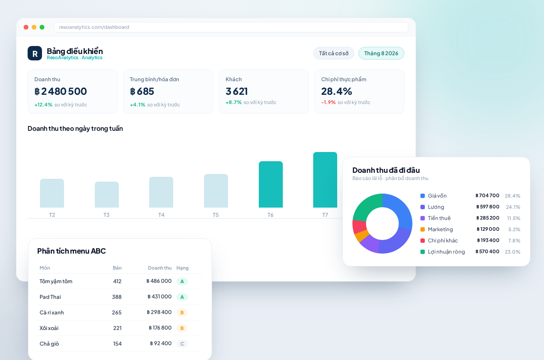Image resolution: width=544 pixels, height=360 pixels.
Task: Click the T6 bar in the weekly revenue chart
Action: click(270, 184)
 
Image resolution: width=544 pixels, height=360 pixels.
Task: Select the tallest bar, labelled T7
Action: click(325, 180)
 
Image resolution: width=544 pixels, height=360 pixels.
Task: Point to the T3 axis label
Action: click(106, 215)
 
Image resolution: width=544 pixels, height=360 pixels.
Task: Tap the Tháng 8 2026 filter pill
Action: click(381, 53)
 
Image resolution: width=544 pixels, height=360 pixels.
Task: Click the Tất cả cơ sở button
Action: click(334, 53)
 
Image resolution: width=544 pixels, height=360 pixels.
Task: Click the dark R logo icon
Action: click(35, 53)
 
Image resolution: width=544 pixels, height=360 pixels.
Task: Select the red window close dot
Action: click(26, 27)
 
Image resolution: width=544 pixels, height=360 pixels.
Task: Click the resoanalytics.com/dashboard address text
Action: click(94, 27)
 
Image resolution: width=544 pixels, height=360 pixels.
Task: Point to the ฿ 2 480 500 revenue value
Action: click(60, 91)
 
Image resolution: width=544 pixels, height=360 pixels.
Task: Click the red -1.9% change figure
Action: click(328, 102)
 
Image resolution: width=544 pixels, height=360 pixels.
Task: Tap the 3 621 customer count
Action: click(236, 91)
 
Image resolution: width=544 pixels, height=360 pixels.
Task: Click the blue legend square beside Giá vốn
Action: click(422, 196)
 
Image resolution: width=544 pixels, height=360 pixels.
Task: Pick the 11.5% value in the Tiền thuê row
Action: click(514, 218)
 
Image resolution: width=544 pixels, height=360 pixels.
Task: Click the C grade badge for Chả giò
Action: click(182, 344)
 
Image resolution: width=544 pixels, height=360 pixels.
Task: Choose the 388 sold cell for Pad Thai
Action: click(117, 297)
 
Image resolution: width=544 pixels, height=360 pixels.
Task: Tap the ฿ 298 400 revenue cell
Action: click(159, 312)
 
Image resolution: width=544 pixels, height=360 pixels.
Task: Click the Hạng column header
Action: click(182, 268)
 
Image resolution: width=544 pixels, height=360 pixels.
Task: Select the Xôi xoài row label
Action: click(49, 328)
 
